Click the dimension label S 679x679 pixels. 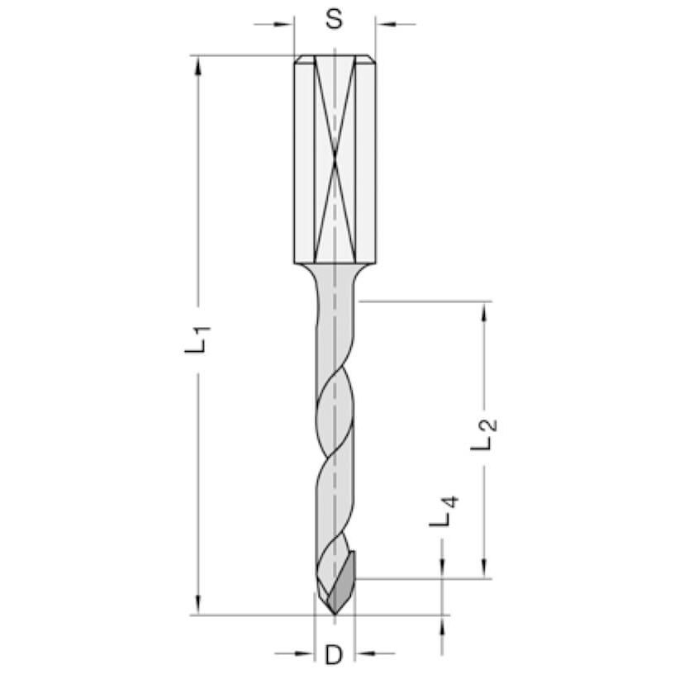[334, 19]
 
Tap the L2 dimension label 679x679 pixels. [485, 434]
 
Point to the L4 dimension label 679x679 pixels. [444, 511]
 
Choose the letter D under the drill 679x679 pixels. [333, 655]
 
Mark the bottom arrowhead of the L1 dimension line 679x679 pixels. [198, 607]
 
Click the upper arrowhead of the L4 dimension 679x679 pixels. [444, 571]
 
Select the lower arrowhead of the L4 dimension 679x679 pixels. [444, 622]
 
